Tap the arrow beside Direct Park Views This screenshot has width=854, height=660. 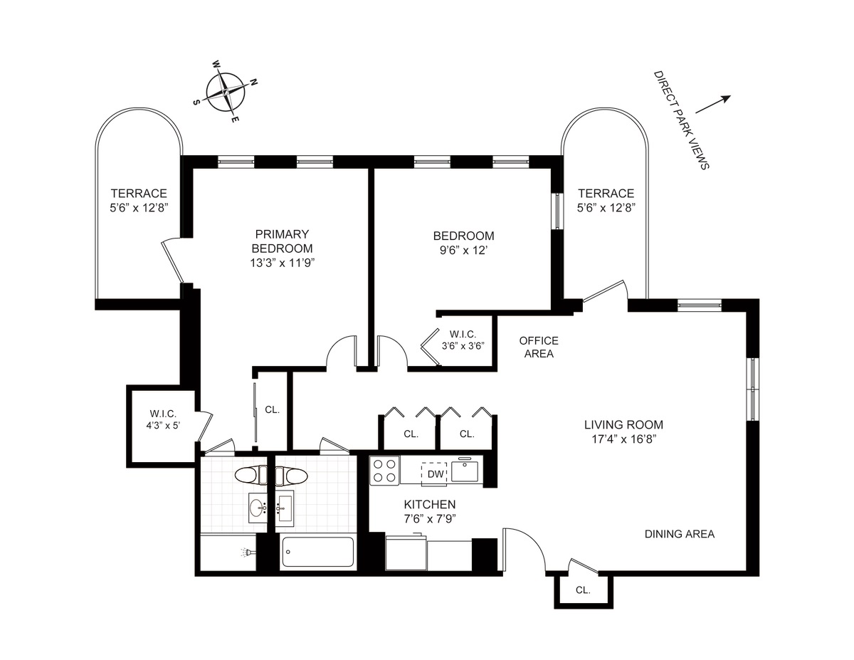713,105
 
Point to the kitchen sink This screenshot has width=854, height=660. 467,471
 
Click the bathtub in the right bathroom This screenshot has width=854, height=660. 317,552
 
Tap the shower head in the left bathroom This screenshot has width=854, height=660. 245,552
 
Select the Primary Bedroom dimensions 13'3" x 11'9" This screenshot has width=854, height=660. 283,262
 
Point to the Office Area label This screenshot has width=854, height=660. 539,347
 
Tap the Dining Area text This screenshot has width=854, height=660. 680,534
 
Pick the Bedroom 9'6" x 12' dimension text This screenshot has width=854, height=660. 463,250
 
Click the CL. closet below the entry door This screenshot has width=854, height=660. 583,590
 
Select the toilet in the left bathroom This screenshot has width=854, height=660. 249,474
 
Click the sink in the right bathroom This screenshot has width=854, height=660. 285,505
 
